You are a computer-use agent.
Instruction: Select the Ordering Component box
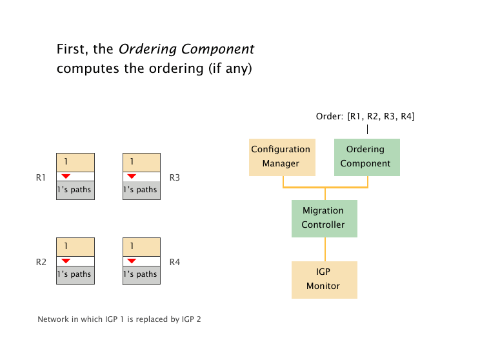[x=366, y=157]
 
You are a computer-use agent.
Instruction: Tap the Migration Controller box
[x=324, y=218]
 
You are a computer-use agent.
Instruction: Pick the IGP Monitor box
[x=324, y=279]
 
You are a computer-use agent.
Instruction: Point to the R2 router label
[x=41, y=262]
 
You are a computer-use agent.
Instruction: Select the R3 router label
[x=175, y=177]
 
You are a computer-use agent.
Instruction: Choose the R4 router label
[x=175, y=262]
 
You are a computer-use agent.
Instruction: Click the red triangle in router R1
[x=66, y=176]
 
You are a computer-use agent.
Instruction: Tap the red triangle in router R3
[x=132, y=176]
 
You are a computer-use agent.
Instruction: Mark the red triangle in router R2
[x=66, y=261]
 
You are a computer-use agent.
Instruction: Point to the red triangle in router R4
[x=132, y=261]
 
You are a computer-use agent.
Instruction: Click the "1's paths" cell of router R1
[x=75, y=190]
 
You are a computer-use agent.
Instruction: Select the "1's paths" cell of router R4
[x=141, y=274]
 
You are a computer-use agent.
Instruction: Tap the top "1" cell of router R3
[x=141, y=162]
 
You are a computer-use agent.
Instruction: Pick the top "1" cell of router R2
[x=75, y=246]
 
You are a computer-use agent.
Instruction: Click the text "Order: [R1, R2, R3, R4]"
[x=365, y=117]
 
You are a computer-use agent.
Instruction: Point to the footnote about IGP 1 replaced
[x=119, y=319]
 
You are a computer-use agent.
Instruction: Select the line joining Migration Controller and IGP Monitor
[x=325, y=249]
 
